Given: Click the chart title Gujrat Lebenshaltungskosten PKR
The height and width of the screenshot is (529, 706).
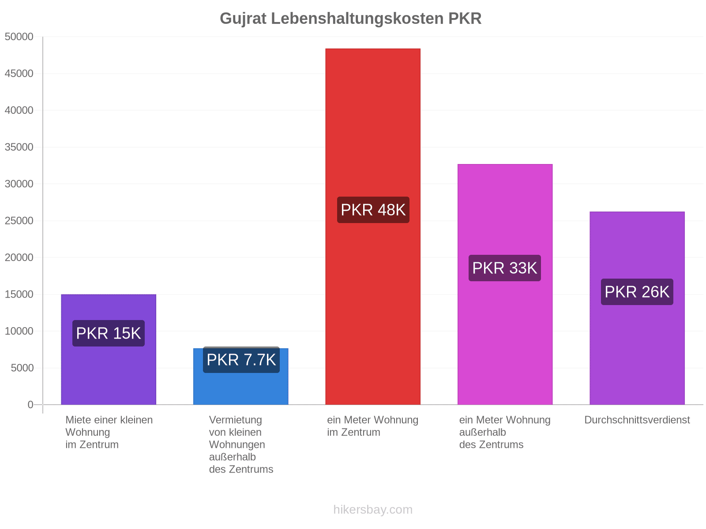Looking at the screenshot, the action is pyautogui.click(x=350, y=19).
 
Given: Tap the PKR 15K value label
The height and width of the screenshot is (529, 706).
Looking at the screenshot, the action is pyautogui.click(x=109, y=333).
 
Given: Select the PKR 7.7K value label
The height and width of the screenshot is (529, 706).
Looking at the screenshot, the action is pyautogui.click(x=241, y=359).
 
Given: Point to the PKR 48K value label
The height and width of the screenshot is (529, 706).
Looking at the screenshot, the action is pyautogui.click(x=373, y=210).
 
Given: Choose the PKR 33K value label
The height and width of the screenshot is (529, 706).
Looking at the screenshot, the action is pyautogui.click(x=505, y=268).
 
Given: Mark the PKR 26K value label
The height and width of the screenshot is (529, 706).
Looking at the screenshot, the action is pyautogui.click(x=637, y=292).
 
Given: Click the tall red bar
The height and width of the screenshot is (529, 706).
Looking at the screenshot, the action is pyautogui.click(x=373, y=227).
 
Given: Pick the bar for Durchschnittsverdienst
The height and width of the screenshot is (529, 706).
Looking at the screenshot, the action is pyautogui.click(x=637, y=308).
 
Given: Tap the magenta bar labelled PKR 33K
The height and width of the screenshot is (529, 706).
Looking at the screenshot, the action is pyautogui.click(x=505, y=284).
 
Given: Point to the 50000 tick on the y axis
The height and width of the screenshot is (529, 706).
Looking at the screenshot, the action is pyautogui.click(x=19, y=37).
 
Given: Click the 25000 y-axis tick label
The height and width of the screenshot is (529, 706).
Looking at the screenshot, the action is pyautogui.click(x=19, y=221).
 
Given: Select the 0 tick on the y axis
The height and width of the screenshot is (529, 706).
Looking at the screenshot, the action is pyautogui.click(x=30, y=404).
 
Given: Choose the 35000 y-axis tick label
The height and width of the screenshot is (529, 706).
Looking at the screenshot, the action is pyautogui.click(x=19, y=147).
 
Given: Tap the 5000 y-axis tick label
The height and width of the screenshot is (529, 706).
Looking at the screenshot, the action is pyautogui.click(x=22, y=368).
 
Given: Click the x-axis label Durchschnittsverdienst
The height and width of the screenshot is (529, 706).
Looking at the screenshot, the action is pyautogui.click(x=637, y=420).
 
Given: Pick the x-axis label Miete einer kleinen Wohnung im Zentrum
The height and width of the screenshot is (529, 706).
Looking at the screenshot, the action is pyautogui.click(x=109, y=432).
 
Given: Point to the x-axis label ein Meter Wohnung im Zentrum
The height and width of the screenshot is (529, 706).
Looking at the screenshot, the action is pyautogui.click(x=373, y=426).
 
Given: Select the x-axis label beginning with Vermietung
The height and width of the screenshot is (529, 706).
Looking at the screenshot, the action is pyautogui.click(x=241, y=444).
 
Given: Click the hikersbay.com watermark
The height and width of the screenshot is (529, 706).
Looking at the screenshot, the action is pyautogui.click(x=373, y=510).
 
